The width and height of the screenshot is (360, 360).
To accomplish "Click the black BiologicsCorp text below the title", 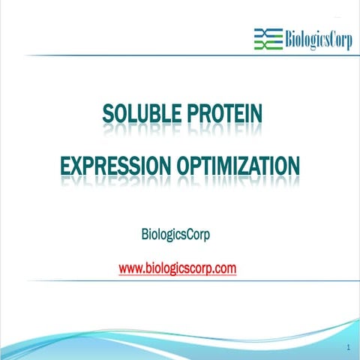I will point(175,234).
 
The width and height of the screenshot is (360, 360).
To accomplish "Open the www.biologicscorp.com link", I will point(178,268).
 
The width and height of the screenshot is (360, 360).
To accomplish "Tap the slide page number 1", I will point(349,348).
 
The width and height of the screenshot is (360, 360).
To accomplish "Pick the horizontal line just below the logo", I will point(180,55).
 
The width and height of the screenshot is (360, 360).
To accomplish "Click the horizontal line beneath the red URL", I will point(180,281).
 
